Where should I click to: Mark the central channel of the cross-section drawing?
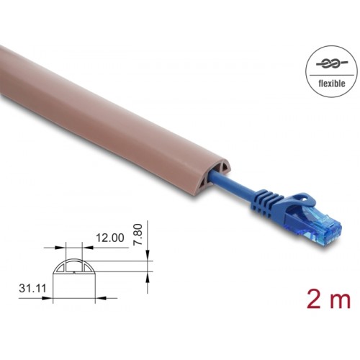pyautogui.click(x=72, y=271)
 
